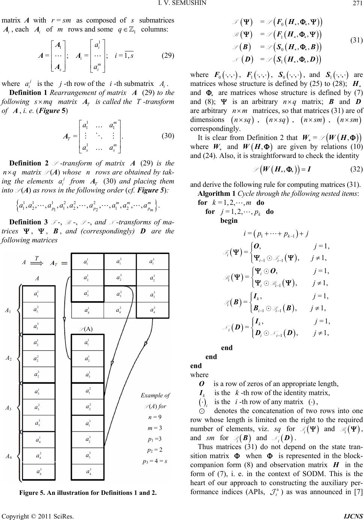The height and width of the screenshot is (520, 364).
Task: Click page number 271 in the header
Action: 358,5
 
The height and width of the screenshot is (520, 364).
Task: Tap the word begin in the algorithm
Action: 229,221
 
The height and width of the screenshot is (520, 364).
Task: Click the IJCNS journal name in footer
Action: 353,513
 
